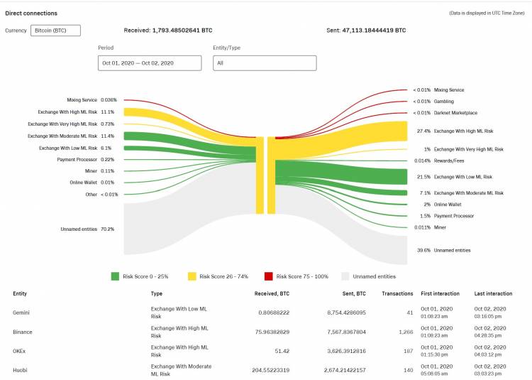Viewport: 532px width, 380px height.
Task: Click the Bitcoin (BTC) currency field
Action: pyautogui.click(x=55, y=31)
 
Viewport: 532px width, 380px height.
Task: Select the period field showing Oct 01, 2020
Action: pyautogui.click(x=149, y=63)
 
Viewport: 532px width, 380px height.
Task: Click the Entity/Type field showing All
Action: pyautogui.click(x=265, y=63)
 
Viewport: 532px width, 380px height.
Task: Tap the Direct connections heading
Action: pyautogui.click(x=31, y=13)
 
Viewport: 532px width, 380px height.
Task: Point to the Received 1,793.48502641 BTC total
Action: pyautogui.click(x=168, y=31)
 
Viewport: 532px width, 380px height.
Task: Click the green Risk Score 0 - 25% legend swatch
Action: pyautogui.click(x=116, y=276)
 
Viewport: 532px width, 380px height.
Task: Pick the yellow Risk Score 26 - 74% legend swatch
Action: pyautogui.click(x=192, y=276)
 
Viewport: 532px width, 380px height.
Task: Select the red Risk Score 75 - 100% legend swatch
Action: pyautogui.click(x=269, y=276)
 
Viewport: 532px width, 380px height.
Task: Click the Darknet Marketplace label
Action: pyautogui.click(x=455, y=113)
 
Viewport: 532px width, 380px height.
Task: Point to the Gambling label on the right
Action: pyautogui.click(x=444, y=102)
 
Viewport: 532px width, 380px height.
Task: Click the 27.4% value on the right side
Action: pyautogui.click(x=424, y=131)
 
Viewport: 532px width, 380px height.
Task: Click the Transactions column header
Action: pyautogui.click(x=397, y=293)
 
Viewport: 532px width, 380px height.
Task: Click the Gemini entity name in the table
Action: pyautogui.click(x=21, y=313)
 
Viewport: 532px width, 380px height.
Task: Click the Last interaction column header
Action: pyautogui.click(x=494, y=293)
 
